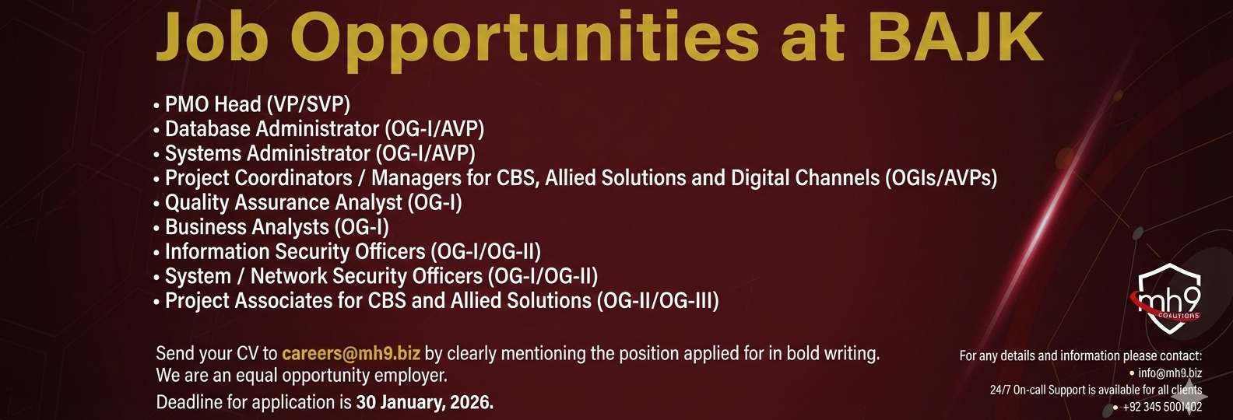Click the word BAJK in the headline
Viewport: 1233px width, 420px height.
[x=957, y=37]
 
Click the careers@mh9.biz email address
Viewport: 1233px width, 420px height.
[x=351, y=353]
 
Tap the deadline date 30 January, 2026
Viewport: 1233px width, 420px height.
[x=425, y=402]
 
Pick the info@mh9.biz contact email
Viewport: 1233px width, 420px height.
[x=1170, y=373]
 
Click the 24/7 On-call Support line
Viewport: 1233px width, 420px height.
[x=1096, y=390]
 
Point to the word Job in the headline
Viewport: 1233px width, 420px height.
[x=210, y=37]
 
